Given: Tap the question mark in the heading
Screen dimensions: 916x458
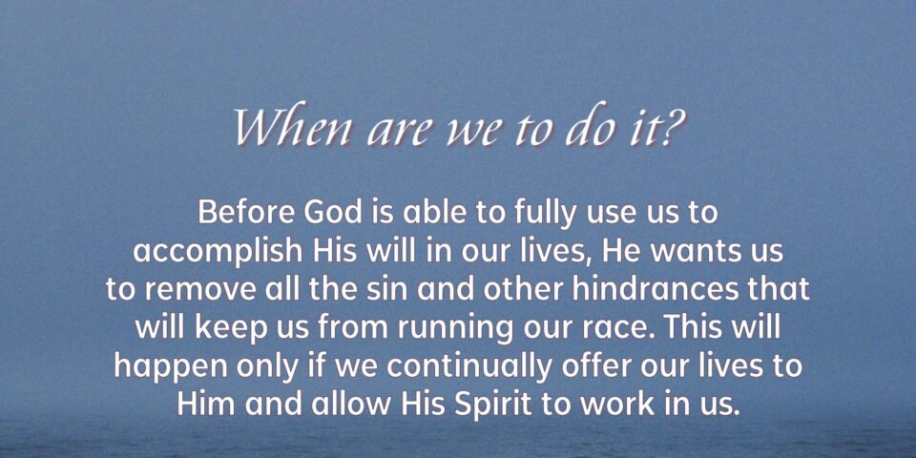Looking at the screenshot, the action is [672, 128].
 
